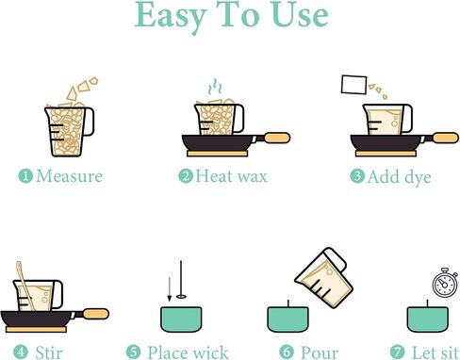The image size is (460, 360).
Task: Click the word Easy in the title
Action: click(171, 16)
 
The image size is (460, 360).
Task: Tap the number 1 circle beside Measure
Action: click(25, 176)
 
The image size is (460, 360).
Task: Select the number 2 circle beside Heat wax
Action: click(186, 176)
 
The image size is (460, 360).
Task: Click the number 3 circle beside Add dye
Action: click(357, 176)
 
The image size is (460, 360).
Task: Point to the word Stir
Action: click(49, 352)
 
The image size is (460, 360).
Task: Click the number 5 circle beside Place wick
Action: click(134, 352)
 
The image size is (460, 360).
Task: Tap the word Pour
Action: click(320, 352)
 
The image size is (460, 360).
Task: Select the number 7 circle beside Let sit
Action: click(397, 352)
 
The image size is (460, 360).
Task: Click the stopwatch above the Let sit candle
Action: click(444, 283)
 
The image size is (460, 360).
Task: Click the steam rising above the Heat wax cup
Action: click(215, 87)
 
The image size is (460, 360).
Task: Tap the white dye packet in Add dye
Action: click(353, 85)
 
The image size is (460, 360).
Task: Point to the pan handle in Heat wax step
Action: click(276, 138)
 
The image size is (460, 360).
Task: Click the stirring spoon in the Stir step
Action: click(25, 286)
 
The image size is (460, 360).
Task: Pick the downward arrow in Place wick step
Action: click(170, 289)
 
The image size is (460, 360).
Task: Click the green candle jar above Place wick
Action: click(181, 319)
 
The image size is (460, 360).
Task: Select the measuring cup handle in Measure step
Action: click(89, 122)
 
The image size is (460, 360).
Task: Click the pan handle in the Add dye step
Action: click(445, 138)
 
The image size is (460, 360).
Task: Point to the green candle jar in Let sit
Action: click(428, 319)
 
